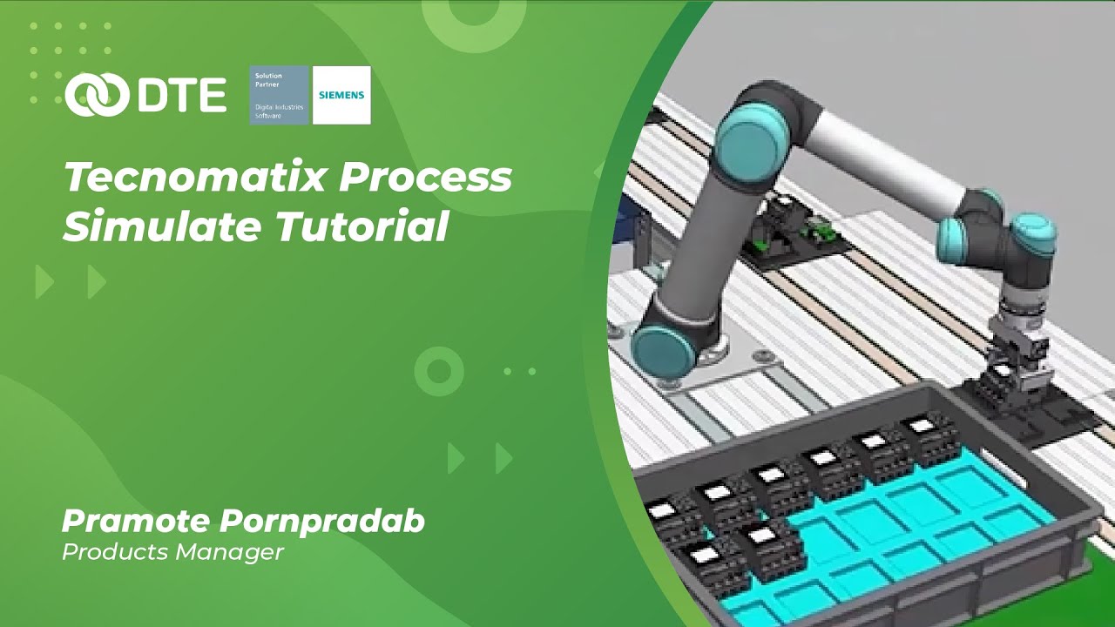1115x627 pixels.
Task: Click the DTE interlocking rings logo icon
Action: point(98,95)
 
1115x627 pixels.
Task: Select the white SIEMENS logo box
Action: point(341,95)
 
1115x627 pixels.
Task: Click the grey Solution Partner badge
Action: point(279,95)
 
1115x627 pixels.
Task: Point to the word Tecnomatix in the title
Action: point(195,179)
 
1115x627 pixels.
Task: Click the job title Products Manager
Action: point(172,552)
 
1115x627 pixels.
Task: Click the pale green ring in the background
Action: point(438,372)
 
